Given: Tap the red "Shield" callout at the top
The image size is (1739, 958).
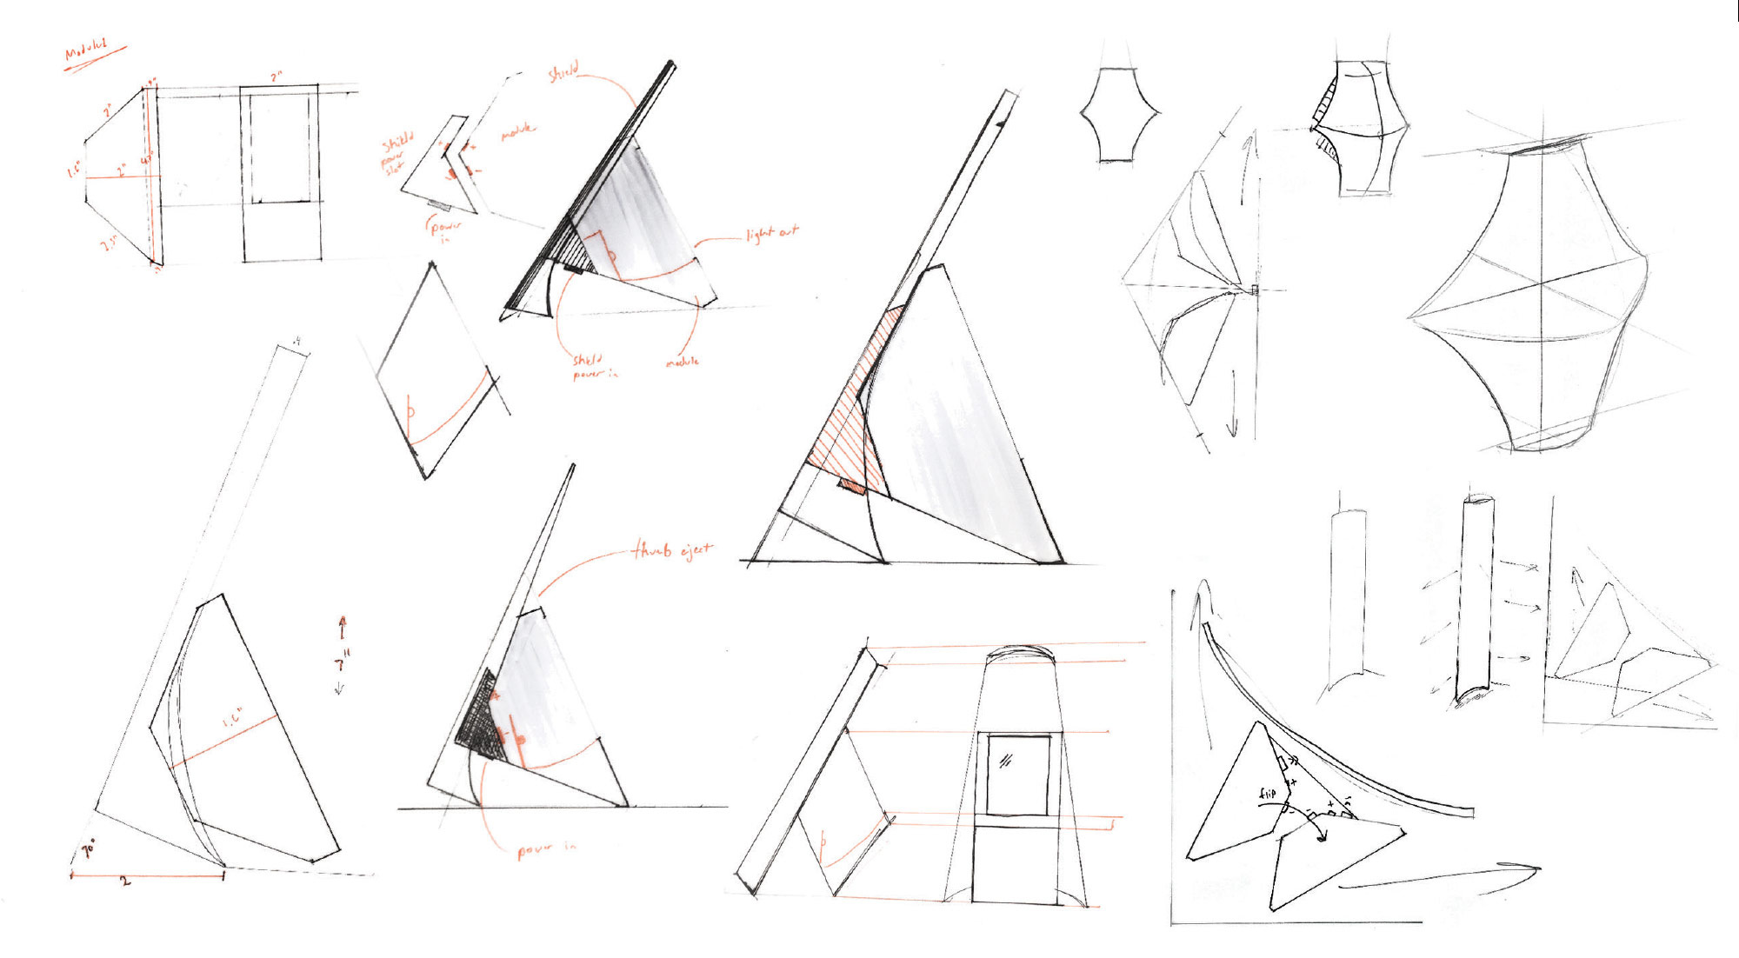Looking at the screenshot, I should click(x=563, y=73).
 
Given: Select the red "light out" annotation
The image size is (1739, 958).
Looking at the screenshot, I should click(x=771, y=233).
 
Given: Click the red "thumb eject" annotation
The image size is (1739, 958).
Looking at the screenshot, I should click(x=672, y=550).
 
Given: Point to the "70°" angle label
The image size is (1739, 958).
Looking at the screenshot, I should click(x=89, y=848).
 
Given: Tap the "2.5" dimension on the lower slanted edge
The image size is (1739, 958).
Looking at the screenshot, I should click(x=110, y=244).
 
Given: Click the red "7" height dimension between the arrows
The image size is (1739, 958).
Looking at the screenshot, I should click(x=341, y=665).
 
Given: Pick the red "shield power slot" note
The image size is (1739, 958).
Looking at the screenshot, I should click(x=396, y=153).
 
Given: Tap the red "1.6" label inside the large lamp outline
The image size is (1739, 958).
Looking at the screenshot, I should click(x=233, y=718).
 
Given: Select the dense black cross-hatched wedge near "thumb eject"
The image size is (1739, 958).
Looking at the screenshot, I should click(x=478, y=718).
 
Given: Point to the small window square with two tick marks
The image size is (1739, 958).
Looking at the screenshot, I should click(x=1016, y=774).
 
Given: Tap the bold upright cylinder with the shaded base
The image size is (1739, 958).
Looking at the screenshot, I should click(x=1476, y=600).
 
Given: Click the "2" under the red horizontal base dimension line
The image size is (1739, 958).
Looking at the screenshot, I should click(x=125, y=881).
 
